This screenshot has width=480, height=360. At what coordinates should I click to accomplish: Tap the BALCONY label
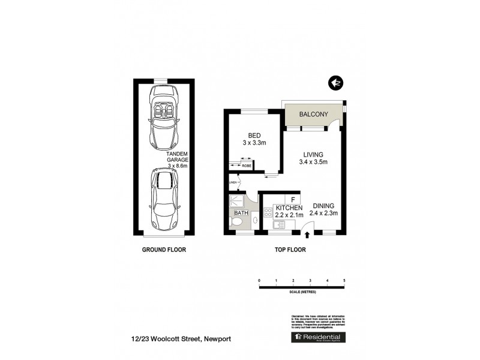pos(313,114)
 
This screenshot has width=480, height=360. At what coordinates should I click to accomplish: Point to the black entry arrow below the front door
pos(308,235)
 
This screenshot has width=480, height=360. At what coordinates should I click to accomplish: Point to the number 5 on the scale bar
pos(344,280)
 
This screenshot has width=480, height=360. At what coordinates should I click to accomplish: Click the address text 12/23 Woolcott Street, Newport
pos(179,339)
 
